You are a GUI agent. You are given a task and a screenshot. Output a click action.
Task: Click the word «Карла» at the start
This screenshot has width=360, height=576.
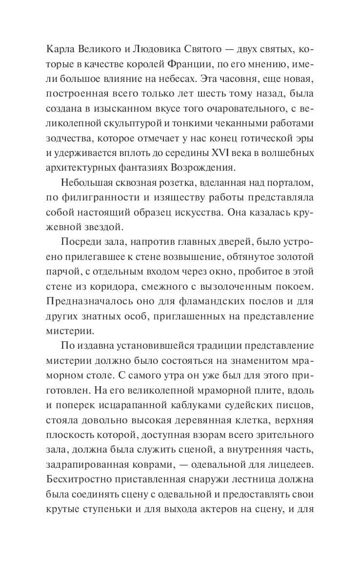point(58,50)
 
